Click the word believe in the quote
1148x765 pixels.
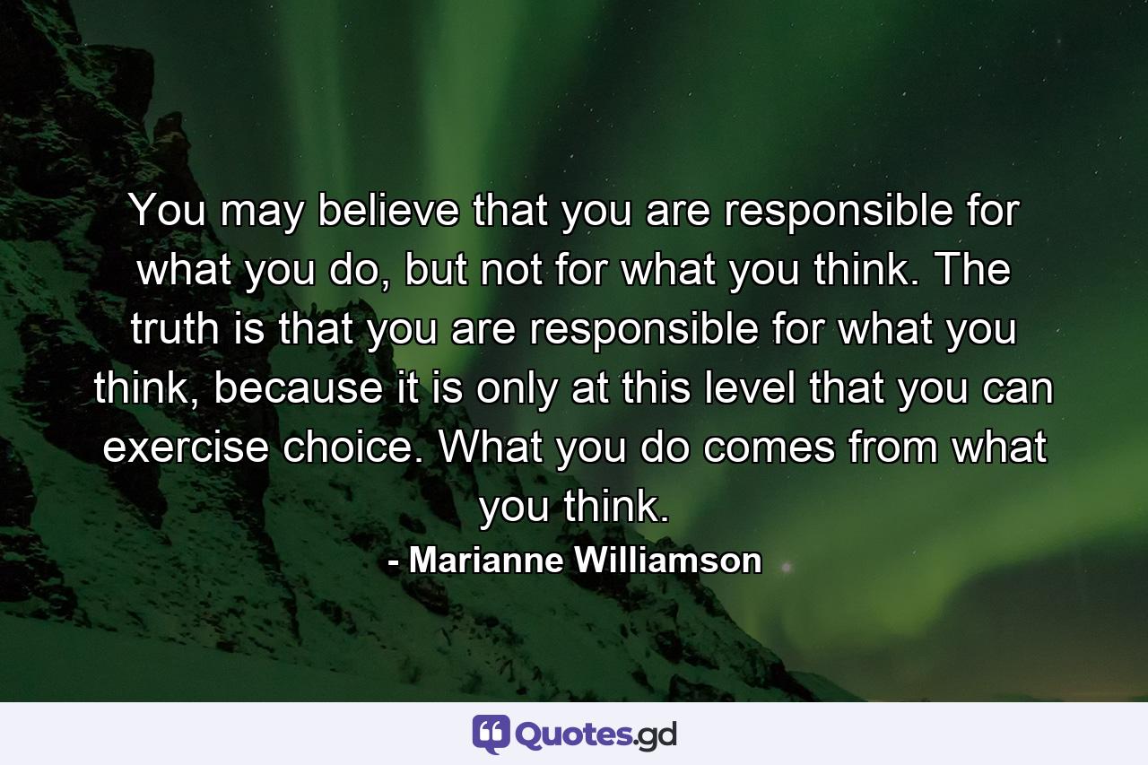[376, 213]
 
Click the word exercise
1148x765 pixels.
[184, 448]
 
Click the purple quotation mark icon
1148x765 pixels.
[491, 735]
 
